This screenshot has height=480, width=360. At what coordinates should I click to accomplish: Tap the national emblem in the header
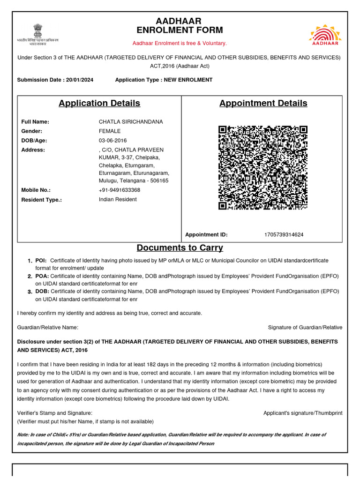click(x=37, y=30)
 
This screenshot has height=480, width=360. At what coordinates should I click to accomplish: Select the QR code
click(x=262, y=167)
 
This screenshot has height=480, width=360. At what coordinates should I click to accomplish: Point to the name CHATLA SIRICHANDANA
click(x=131, y=122)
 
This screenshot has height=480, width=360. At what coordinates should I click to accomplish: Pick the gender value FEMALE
click(x=110, y=131)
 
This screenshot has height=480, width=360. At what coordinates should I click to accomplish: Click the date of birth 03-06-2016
click(x=112, y=141)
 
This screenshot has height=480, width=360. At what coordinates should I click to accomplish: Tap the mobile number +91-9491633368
click(x=120, y=190)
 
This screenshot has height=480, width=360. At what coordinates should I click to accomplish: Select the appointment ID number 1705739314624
click(x=284, y=234)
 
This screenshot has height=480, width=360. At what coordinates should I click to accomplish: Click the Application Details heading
click(x=99, y=103)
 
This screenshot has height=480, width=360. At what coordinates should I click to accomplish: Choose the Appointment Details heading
click(x=263, y=103)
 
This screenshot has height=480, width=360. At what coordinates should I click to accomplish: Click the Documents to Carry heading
click(x=180, y=247)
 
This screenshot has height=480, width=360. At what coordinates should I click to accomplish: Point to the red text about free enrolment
click(x=180, y=43)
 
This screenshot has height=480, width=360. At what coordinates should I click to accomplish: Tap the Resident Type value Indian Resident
click(x=118, y=199)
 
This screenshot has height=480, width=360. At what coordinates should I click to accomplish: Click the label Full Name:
click(x=35, y=122)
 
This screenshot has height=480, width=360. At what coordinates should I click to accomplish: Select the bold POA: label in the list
click(x=42, y=276)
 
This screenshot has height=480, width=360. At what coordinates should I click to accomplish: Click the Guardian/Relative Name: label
click(x=48, y=327)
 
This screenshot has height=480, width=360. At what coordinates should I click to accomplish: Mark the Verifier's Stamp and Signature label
click(x=55, y=413)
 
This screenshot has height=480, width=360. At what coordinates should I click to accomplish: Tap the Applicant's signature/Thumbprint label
click(x=303, y=413)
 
